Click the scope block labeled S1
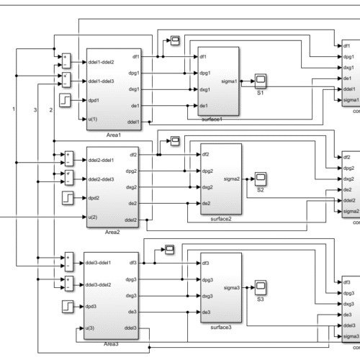pyautogui.click(x=261, y=80)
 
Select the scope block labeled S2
pyautogui.click(x=261, y=177)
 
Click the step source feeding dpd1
pyautogui.click(x=66, y=100)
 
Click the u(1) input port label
pyautogui.click(x=94, y=119)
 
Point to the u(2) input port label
pyautogui.click(x=94, y=217)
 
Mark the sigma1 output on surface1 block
pyautogui.click(x=229, y=81)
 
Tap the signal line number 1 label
pyautogui.click(x=13, y=108)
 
